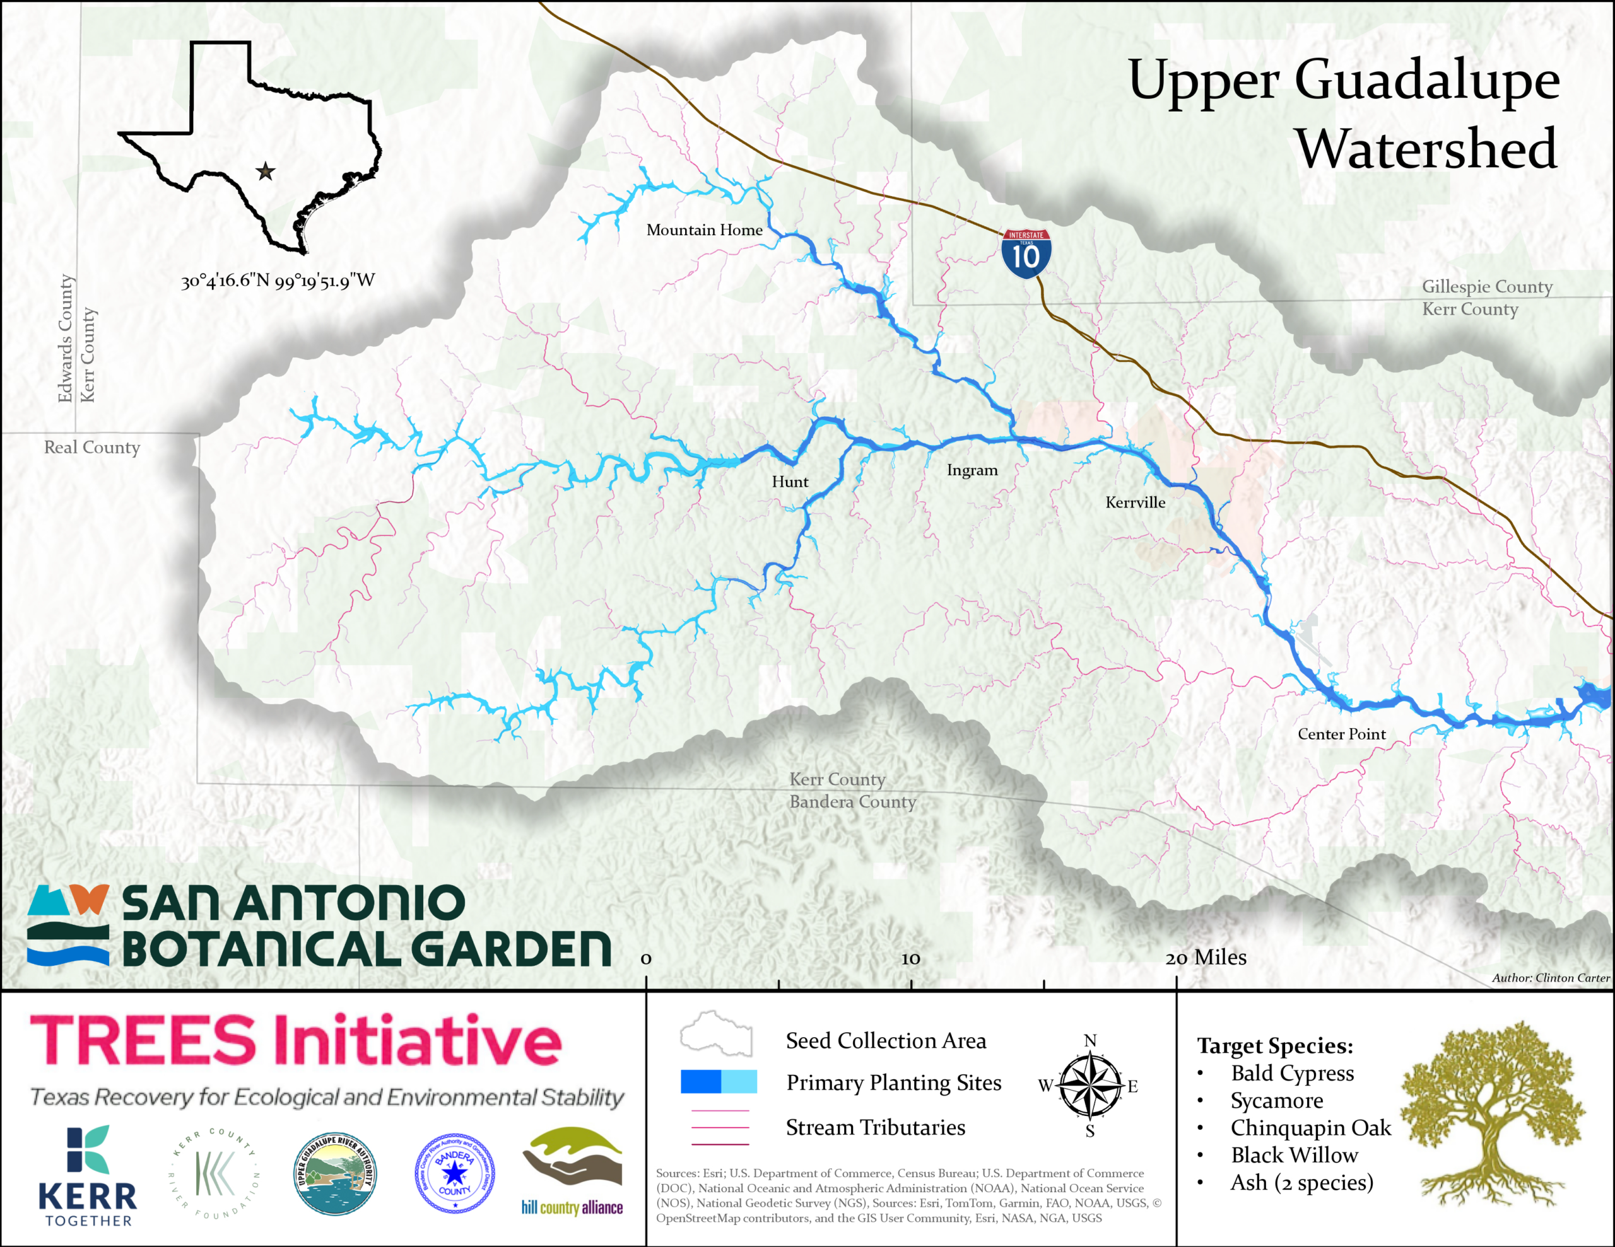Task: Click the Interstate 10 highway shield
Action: [1026, 253]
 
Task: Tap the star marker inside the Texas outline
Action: [266, 171]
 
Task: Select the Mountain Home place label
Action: [704, 230]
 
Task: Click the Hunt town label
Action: [790, 482]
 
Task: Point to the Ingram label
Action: [972, 470]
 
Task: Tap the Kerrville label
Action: [1134, 502]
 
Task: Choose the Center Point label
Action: [1341, 734]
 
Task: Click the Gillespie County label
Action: [1486, 286]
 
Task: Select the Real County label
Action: [91, 447]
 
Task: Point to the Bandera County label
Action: [852, 802]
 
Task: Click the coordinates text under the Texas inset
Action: [278, 281]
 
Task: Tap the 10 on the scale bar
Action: [910, 959]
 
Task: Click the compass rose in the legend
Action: [1090, 1085]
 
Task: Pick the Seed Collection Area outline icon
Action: [716, 1034]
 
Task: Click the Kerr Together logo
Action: [88, 1175]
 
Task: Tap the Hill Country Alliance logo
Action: [572, 1171]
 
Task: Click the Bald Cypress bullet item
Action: [1291, 1073]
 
